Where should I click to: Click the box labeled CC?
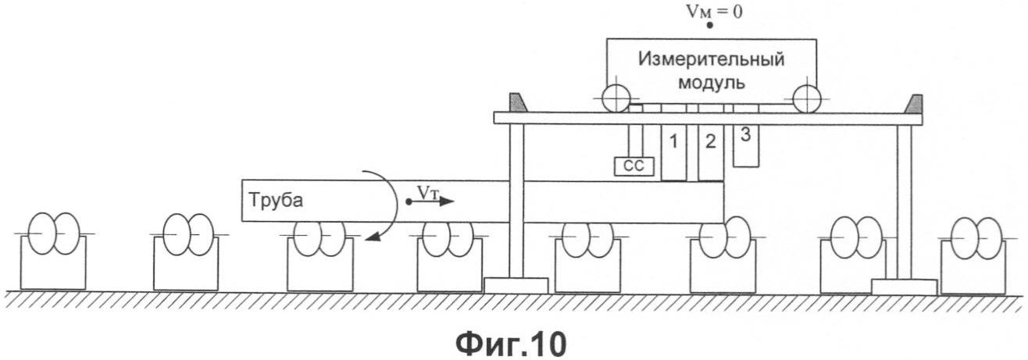click(634, 166)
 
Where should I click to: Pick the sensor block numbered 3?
click(746, 145)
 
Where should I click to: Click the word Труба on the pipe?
click(276, 201)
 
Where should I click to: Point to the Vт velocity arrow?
click(431, 201)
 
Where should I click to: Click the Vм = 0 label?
click(714, 12)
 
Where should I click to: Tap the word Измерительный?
click(712, 59)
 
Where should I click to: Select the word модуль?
click(712, 84)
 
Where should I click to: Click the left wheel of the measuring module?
click(616, 98)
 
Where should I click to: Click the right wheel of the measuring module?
click(806, 98)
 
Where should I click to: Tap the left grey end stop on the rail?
click(519, 102)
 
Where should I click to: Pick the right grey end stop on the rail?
click(913, 104)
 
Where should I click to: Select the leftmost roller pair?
click(54, 233)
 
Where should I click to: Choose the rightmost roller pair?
click(976, 238)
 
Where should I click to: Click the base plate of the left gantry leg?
click(516, 285)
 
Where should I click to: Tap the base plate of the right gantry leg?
click(904, 287)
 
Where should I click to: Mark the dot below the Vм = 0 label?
click(709, 26)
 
